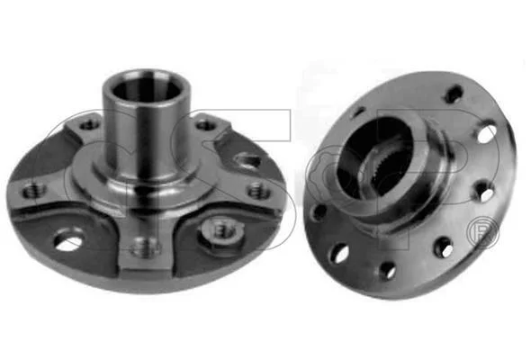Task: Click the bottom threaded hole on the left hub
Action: (x=145, y=247)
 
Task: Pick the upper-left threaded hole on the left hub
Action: (x=89, y=126)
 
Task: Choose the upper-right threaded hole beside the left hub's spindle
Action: (x=205, y=126)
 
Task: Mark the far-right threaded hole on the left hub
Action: (x=258, y=190)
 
